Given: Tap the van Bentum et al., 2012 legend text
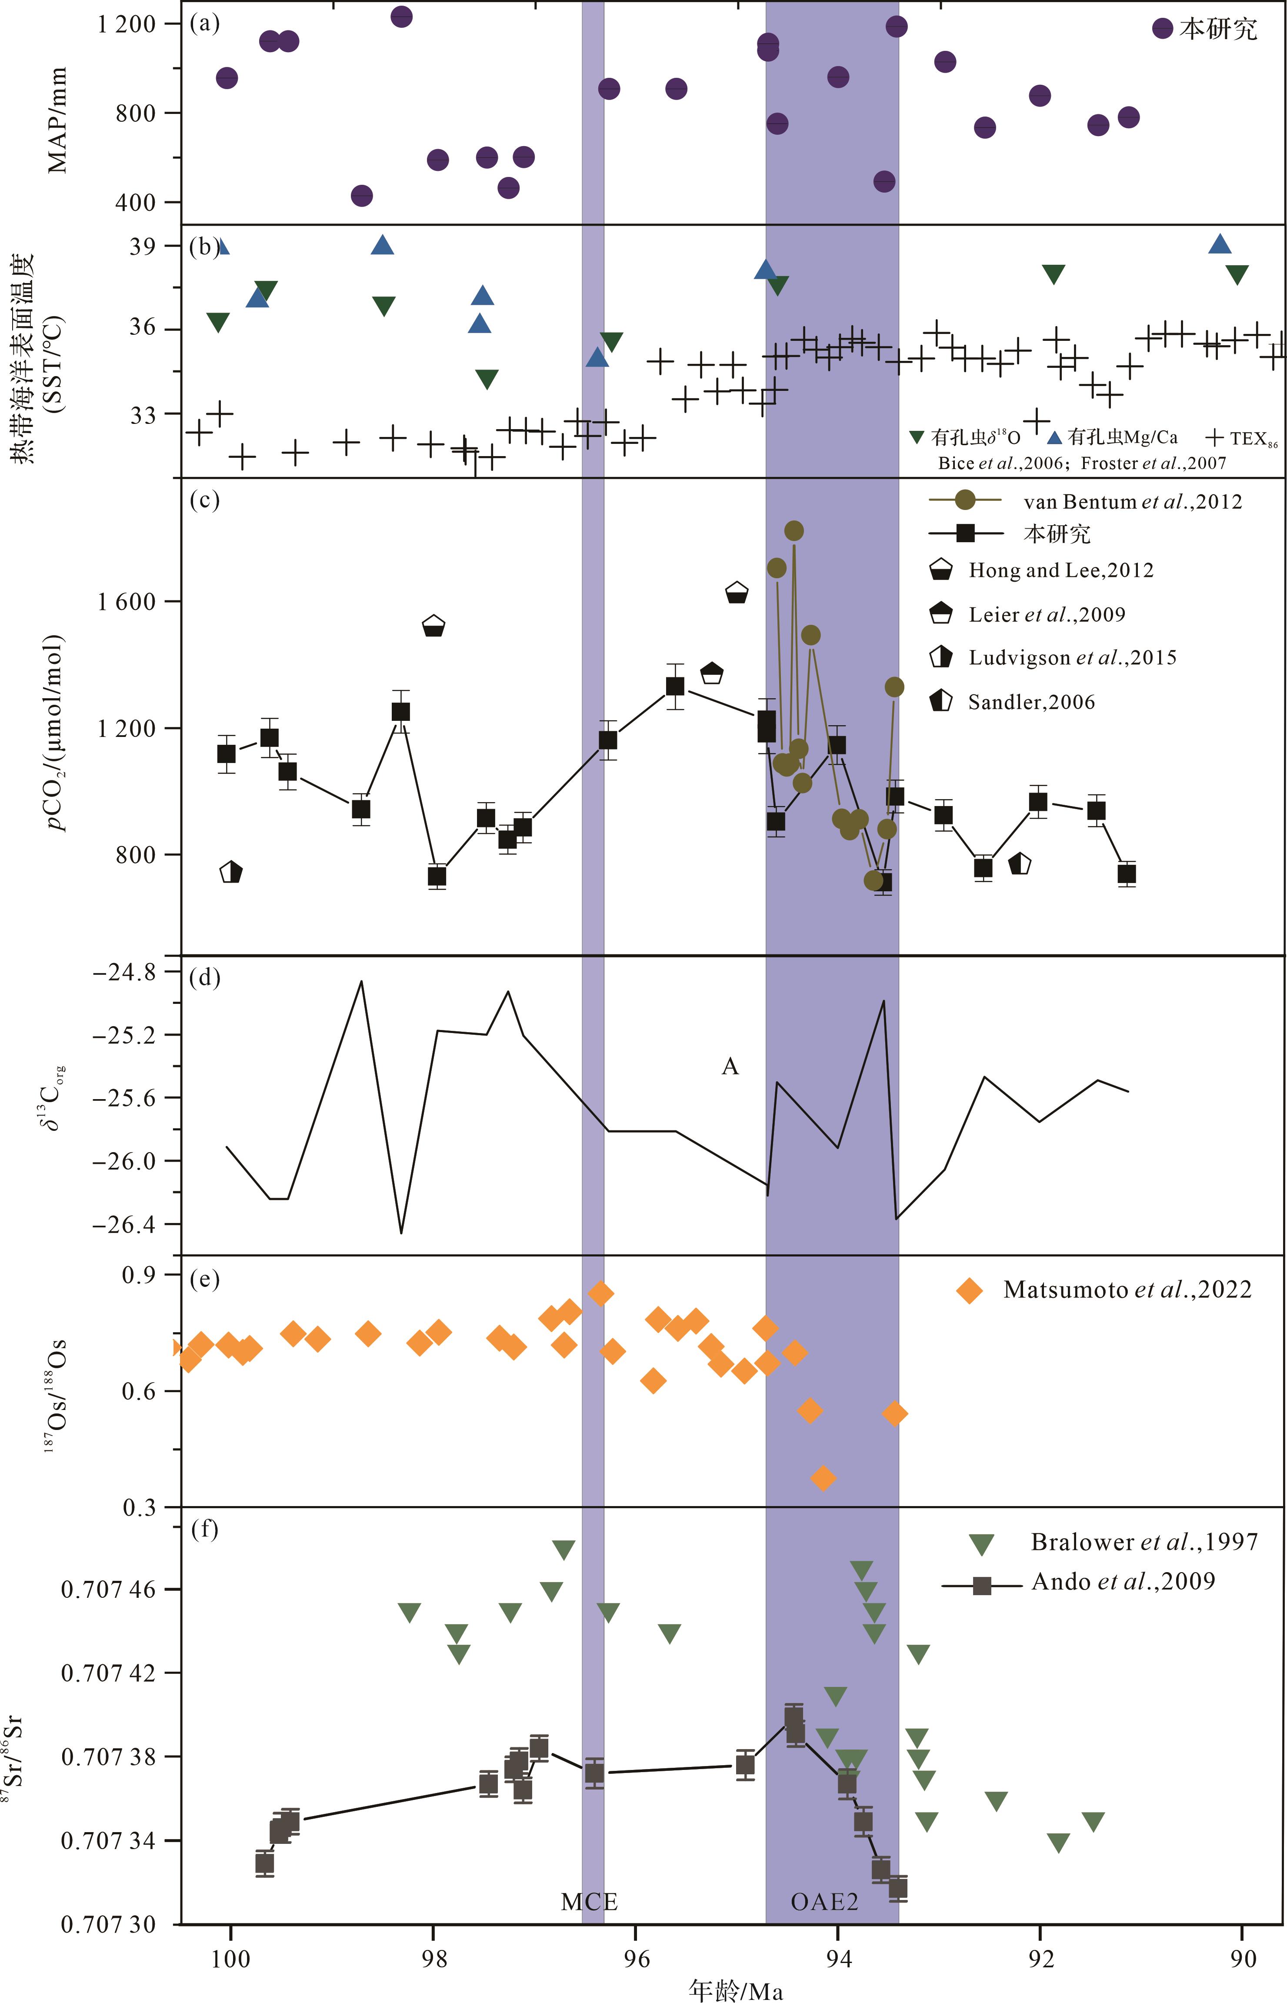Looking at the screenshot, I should (1132, 501).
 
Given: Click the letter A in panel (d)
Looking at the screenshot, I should (730, 1066).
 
